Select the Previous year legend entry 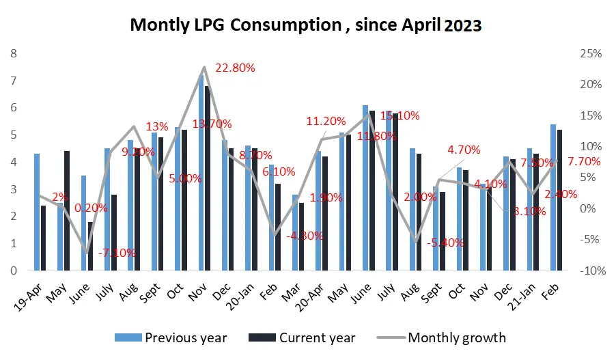(185, 337)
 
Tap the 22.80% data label (235, 68)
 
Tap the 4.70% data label (464, 150)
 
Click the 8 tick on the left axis (14, 53)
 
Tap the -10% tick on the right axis (591, 271)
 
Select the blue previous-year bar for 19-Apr (37, 212)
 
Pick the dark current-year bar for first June (90, 246)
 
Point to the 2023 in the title (462, 25)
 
